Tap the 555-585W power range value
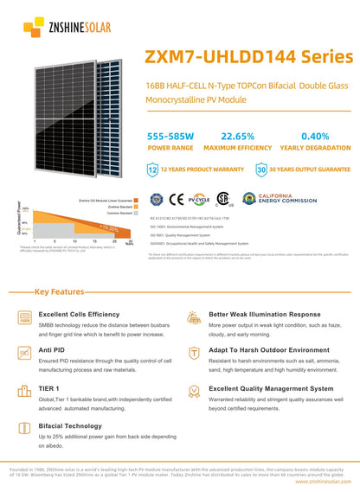[x=170, y=137]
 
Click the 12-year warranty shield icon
[x=154, y=172]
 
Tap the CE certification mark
[x=178, y=199]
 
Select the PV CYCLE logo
[x=200, y=199]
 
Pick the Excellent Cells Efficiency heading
[x=79, y=314]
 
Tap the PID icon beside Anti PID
[x=23, y=353]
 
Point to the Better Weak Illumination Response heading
[x=264, y=314]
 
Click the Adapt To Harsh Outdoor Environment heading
[x=269, y=351]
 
